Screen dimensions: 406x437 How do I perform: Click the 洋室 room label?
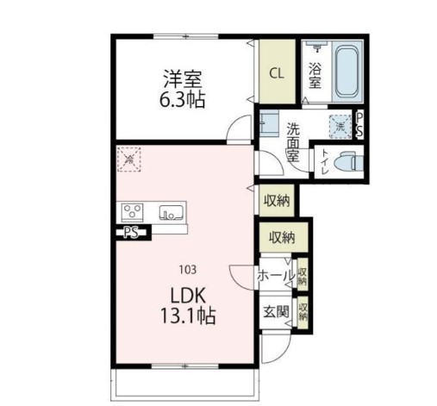182,76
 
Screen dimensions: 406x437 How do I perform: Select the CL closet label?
277,73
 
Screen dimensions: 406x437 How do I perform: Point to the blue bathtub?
346,69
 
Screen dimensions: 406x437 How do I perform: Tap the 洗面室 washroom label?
293,142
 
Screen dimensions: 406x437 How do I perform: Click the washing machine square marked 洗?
339,126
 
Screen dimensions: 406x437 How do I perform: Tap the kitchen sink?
171,209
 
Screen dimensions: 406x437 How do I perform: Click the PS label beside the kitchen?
131,232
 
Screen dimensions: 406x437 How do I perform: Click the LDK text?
185,294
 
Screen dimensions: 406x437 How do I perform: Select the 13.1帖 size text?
185,315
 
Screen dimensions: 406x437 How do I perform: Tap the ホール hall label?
274,276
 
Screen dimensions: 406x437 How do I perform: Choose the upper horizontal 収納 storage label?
276,200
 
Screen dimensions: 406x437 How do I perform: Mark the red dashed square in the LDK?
129,159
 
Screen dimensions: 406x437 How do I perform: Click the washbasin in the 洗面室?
269,122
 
